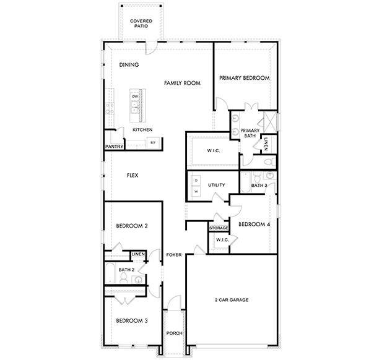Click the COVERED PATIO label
click(x=141, y=24)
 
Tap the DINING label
click(x=129, y=65)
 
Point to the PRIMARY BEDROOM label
click(x=245, y=79)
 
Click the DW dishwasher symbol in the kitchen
click(x=134, y=96)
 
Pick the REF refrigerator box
click(x=152, y=143)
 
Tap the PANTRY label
click(x=114, y=147)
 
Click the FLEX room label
click(x=132, y=176)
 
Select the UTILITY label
click(x=216, y=185)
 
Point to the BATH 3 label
click(x=259, y=185)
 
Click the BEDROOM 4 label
click(x=254, y=224)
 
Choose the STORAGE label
click(x=219, y=228)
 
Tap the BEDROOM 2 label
click(x=132, y=226)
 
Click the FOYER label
click(x=174, y=254)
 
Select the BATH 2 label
click(x=126, y=270)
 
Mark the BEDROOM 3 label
click(x=132, y=320)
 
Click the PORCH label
click(x=174, y=333)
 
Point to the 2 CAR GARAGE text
click(x=232, y=300)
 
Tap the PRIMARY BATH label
click(x=250, y=133)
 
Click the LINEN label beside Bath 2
click(x=137, y=254)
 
